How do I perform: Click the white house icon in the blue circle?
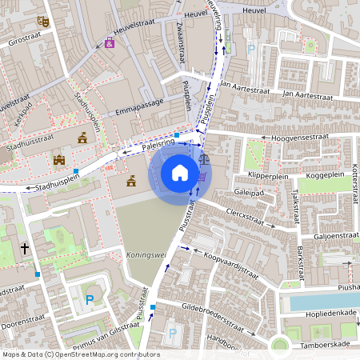[180, 173]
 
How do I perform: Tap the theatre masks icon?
[42, 22]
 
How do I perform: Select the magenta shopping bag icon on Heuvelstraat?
[110, 42]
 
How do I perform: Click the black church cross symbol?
[25, 249]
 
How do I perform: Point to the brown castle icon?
[58, 160]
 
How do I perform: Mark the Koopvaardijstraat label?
[232, 266]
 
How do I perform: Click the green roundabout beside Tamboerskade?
[279, 346]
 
